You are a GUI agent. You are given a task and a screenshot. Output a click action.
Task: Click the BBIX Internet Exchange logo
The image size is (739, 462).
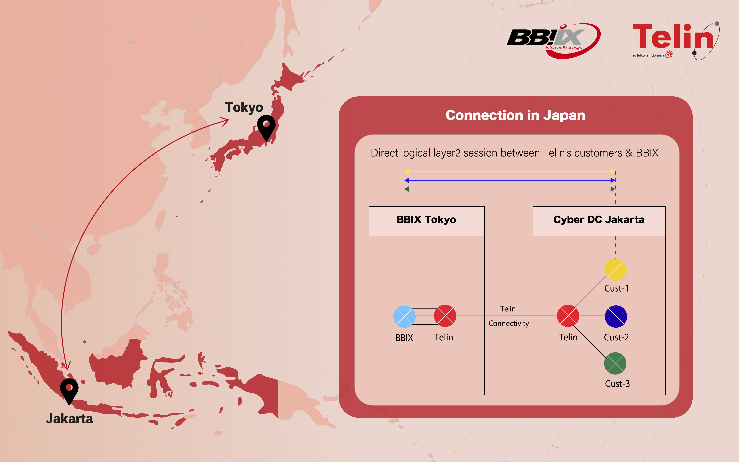(553, 41)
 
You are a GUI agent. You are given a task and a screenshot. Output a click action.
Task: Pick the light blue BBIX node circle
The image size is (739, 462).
(404, 316)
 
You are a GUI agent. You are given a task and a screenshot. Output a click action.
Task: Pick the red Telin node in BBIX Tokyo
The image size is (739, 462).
(445, 316)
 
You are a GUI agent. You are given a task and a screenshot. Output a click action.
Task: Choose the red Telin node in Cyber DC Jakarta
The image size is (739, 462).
(568, 316)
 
